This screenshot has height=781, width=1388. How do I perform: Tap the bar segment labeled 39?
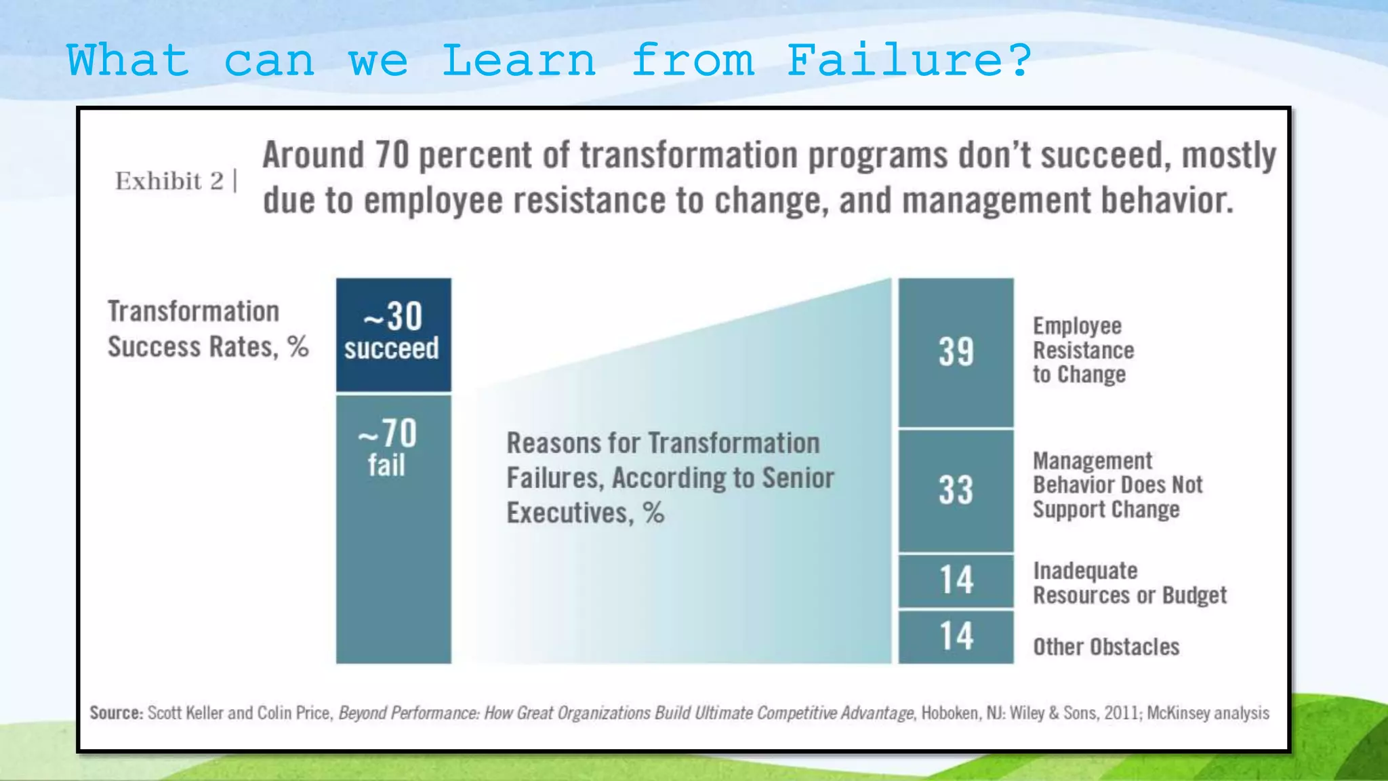coord(956,352)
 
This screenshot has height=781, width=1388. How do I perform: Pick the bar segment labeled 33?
coord(956,490)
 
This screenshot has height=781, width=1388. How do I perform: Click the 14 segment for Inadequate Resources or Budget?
coord(956,580)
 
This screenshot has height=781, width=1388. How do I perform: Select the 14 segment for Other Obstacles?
coord(956,637)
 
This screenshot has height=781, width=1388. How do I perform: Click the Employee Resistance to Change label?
coord(1082,350)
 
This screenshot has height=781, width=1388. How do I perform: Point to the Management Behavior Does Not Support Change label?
coord(1117,485)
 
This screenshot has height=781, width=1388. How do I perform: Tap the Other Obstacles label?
coord(1105,647)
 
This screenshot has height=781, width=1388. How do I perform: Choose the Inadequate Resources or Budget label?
coord(1129,583)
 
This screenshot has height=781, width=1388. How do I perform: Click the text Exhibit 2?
coord(169,181)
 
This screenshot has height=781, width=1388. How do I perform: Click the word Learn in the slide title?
coord(518,60)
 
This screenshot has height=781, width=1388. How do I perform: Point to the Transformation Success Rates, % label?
coord(207,329)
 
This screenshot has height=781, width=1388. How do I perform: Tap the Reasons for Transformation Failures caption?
coord(670,478)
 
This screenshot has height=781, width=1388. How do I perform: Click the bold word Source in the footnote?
coord(116,713)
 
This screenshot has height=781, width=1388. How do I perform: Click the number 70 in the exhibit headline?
coord(392,155)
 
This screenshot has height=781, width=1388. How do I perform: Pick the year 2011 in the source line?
coord(1122,713)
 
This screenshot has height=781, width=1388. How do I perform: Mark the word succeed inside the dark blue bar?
coord(392,348)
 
